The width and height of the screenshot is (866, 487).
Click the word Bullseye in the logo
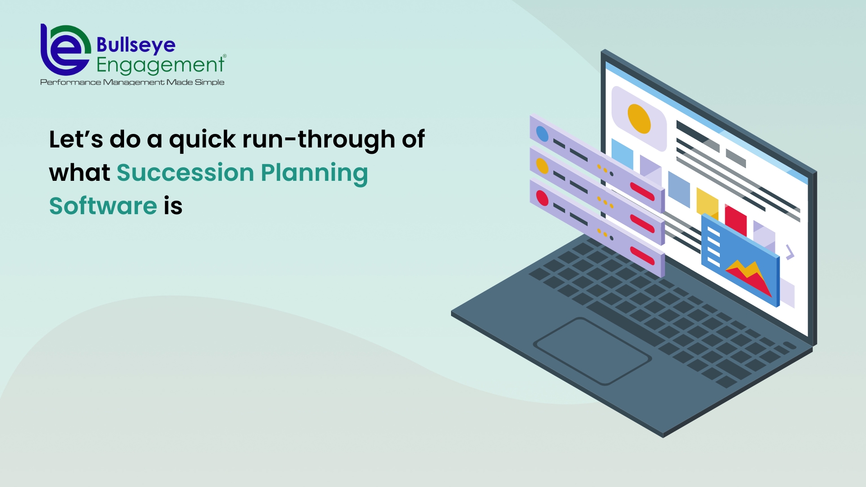click(136, 46)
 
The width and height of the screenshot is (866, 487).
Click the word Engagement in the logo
click(160, 65)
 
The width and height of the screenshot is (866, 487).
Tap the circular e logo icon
click(65, 50)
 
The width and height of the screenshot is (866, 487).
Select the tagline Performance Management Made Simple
click(132, 82)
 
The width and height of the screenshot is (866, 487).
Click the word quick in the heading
click(202, 140)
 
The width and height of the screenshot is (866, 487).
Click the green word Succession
click(185, 172)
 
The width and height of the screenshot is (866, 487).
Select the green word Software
click(103, 206)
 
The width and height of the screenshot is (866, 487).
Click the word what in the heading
click(79, 172)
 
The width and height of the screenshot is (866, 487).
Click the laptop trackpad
click(592, 351)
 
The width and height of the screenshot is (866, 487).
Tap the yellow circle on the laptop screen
click(639, 119)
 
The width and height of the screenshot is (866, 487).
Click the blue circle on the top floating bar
click(542, 134)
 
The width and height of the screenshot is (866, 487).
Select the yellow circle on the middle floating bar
click(542, 166)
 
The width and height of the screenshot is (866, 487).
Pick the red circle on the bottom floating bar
click(542, 198)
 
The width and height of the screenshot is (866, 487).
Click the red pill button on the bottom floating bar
click(642, 256)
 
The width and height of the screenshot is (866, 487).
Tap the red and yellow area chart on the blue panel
click(749, 277)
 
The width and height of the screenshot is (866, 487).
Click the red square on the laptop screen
click(736, 220)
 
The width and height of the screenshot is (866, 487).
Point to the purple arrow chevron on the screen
click(790, 253)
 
